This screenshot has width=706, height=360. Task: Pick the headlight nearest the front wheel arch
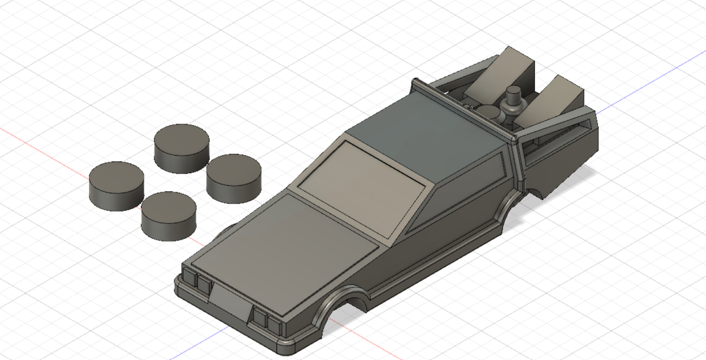tap(274, 324)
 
